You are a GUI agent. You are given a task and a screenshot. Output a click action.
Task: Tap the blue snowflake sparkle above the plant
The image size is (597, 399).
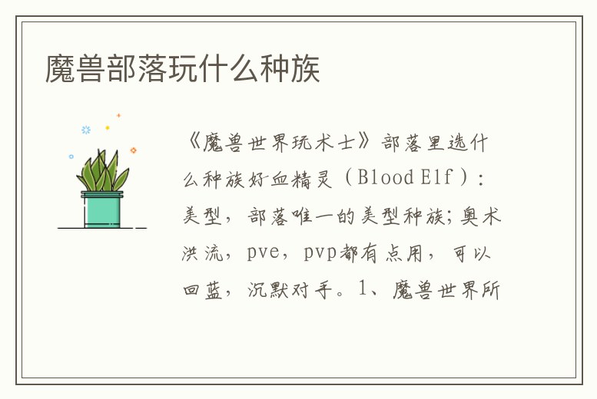[86, 130]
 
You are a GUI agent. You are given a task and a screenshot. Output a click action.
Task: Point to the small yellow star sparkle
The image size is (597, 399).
[108, 127]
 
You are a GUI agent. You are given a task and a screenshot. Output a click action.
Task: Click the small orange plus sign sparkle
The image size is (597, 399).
[119, 116]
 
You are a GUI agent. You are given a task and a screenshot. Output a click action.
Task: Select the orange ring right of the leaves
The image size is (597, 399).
[133, 150]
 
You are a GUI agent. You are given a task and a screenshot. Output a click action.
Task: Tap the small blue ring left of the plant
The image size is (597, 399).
[71, 157]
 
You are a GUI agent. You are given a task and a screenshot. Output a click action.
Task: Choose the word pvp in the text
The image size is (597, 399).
[320, 253]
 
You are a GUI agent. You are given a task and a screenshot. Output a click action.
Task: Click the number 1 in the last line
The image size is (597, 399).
[364, 292]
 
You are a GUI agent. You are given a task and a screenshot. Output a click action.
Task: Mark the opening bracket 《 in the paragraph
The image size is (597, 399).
[192, 141]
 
